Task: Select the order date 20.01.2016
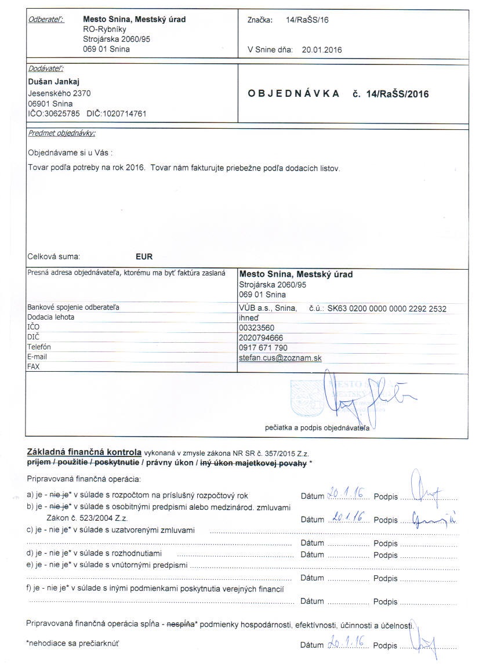click(322, 49)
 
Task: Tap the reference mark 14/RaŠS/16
click(307, 20)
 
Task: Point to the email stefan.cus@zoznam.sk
click(280, 358)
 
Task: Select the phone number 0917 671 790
click(263, 348)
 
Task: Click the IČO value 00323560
click(256, 328)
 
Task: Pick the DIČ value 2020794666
click(259, 338)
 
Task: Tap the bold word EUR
click(144, 256)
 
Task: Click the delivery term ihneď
click(249, 318)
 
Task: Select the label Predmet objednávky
click(61, 133)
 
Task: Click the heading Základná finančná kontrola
click(84, 452)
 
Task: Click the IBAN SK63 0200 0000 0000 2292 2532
click(387, 309)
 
